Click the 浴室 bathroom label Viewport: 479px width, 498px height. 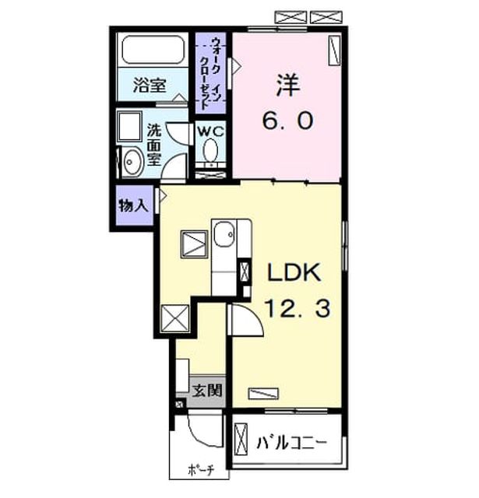tap(150, 85)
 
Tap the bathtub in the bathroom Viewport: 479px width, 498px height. tap(153, 49)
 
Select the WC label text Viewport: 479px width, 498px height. tap(211, 132)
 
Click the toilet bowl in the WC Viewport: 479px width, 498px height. tap(210, 150)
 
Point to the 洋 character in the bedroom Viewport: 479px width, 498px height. tap(288, 86)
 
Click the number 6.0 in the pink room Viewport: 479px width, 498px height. tap(288, 121)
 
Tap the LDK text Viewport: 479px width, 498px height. tap(294, 272)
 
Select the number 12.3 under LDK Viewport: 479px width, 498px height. tap(298, 309)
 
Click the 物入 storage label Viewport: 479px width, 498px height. tap(133, 205)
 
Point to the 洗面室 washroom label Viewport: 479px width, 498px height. tap(154, 145)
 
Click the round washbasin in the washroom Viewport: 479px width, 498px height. tap(130, 162)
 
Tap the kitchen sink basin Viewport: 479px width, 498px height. tap(224, 234)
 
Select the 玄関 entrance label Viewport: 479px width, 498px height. tap(207, 391)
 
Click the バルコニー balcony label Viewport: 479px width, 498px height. tap(291, 443)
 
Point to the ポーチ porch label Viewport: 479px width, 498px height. tap(201, 470)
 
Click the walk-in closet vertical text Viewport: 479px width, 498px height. tap(211, 74)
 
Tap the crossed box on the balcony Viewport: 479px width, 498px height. tap(241, 439)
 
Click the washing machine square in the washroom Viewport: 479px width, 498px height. tap(129, 126)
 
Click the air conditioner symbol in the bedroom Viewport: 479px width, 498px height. tap(334, 51)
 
